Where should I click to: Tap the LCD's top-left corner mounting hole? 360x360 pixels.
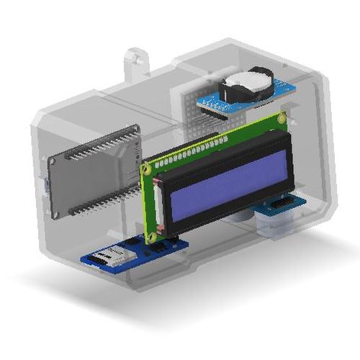pyautogui.click(x=148, y=170)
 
